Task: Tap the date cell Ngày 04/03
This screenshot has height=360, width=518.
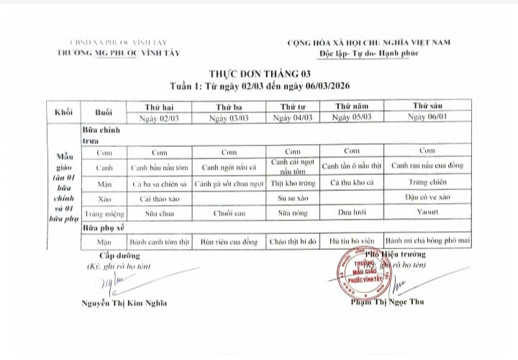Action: pos(293,117)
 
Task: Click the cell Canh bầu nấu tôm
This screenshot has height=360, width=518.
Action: pos(160,168)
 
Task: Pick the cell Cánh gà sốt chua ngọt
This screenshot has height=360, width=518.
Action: pos(229,184)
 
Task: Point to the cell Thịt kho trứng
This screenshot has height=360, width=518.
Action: pos(293,184)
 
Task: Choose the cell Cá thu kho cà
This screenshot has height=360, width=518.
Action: pos(351,184)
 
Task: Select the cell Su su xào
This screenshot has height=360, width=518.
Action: pos(293,197)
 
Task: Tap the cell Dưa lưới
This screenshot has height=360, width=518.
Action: pos(351,213)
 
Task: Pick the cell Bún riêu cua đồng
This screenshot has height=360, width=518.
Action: pos(229,242)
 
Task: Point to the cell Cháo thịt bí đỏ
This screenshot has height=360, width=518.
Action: pos(293,242)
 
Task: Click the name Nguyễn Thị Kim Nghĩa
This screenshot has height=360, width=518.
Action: pos(123,302)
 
